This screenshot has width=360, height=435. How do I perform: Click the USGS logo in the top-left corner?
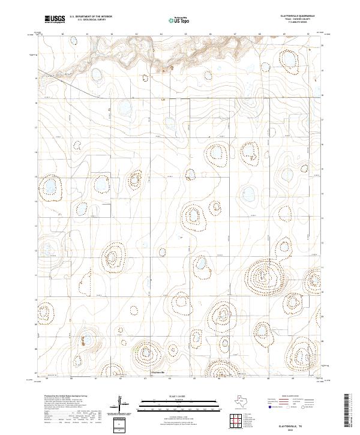click(x=55, y=19)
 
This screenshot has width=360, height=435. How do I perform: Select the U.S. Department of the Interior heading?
click(x=91, y=16)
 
